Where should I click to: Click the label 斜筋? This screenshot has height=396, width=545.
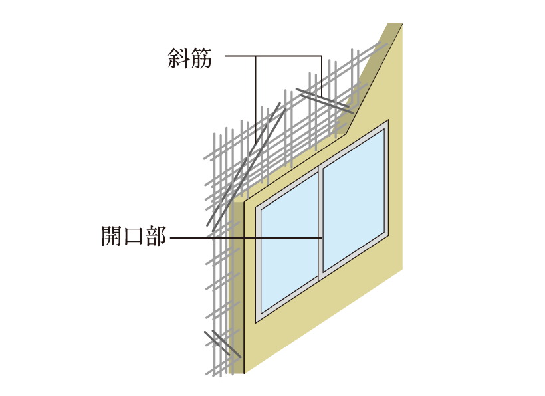click(x=190, y=58)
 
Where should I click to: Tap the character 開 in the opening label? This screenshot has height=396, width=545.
click(x=111, y=237)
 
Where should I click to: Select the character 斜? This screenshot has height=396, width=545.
click(x=179, y=58)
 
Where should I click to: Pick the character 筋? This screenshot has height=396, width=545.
click(x=201, y=58)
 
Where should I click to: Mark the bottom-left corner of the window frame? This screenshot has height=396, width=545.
click(x=257, y=320)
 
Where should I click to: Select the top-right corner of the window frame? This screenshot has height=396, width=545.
click(x=387, y=122)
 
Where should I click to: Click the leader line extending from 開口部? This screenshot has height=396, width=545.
click(x=246, y=237)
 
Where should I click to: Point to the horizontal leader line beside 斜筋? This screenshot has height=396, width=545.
click(x=272, y=57)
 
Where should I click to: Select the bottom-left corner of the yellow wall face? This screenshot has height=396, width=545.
click(x=245, y=373)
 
